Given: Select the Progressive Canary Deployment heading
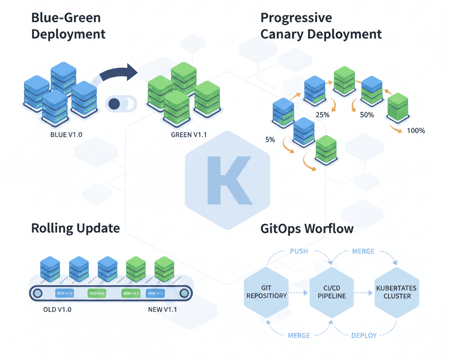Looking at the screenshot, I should click(321, 26).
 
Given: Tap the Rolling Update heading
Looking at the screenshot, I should click(75, 228).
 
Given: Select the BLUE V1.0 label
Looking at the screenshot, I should click(66, 135).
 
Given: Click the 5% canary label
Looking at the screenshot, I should click(270, 140).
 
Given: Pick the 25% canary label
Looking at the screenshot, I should click(323, 115).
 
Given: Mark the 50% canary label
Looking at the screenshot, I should click(367, 115).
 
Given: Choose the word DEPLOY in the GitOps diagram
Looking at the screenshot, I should click(363, 335).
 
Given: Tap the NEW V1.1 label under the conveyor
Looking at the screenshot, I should click(162, 309).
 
